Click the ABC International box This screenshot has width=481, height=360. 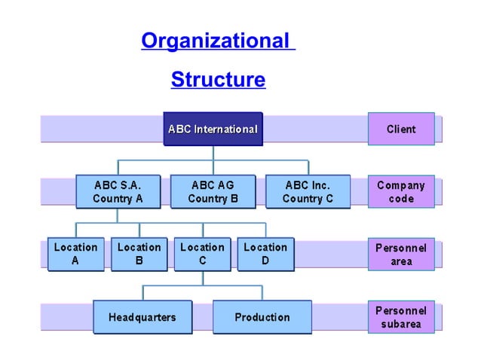coord(213,129)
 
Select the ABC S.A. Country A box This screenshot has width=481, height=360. coord(118,191)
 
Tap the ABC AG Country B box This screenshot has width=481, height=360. coord(213,191)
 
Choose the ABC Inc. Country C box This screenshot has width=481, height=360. coord(308,191)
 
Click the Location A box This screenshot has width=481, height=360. coord(75,255)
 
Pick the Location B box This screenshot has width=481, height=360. coord(139,255)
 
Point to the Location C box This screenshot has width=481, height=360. coord(202,255)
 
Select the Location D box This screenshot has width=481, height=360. coord(265,255)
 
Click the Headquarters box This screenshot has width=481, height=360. coord(142,317)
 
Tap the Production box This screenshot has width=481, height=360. coord(262,317)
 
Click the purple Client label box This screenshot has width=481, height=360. coord(401,129)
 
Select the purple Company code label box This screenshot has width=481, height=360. coord(401,191)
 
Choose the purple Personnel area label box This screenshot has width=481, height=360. coord(401,255)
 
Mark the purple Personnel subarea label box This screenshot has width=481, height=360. coord(401,317)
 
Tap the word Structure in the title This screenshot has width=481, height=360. coord(218,79)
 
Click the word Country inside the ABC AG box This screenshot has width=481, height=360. coord(206,199)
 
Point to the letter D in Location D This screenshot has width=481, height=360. coord(265,261)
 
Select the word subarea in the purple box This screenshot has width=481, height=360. coord(401,325)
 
